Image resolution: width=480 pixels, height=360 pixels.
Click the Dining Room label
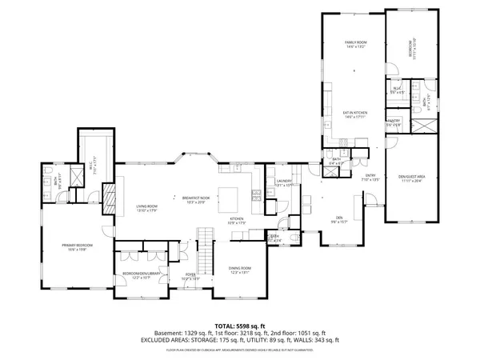tap(240, 270)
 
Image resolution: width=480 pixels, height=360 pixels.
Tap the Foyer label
tap(190, 276)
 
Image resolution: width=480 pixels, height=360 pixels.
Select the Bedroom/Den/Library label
tap(142, 275)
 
